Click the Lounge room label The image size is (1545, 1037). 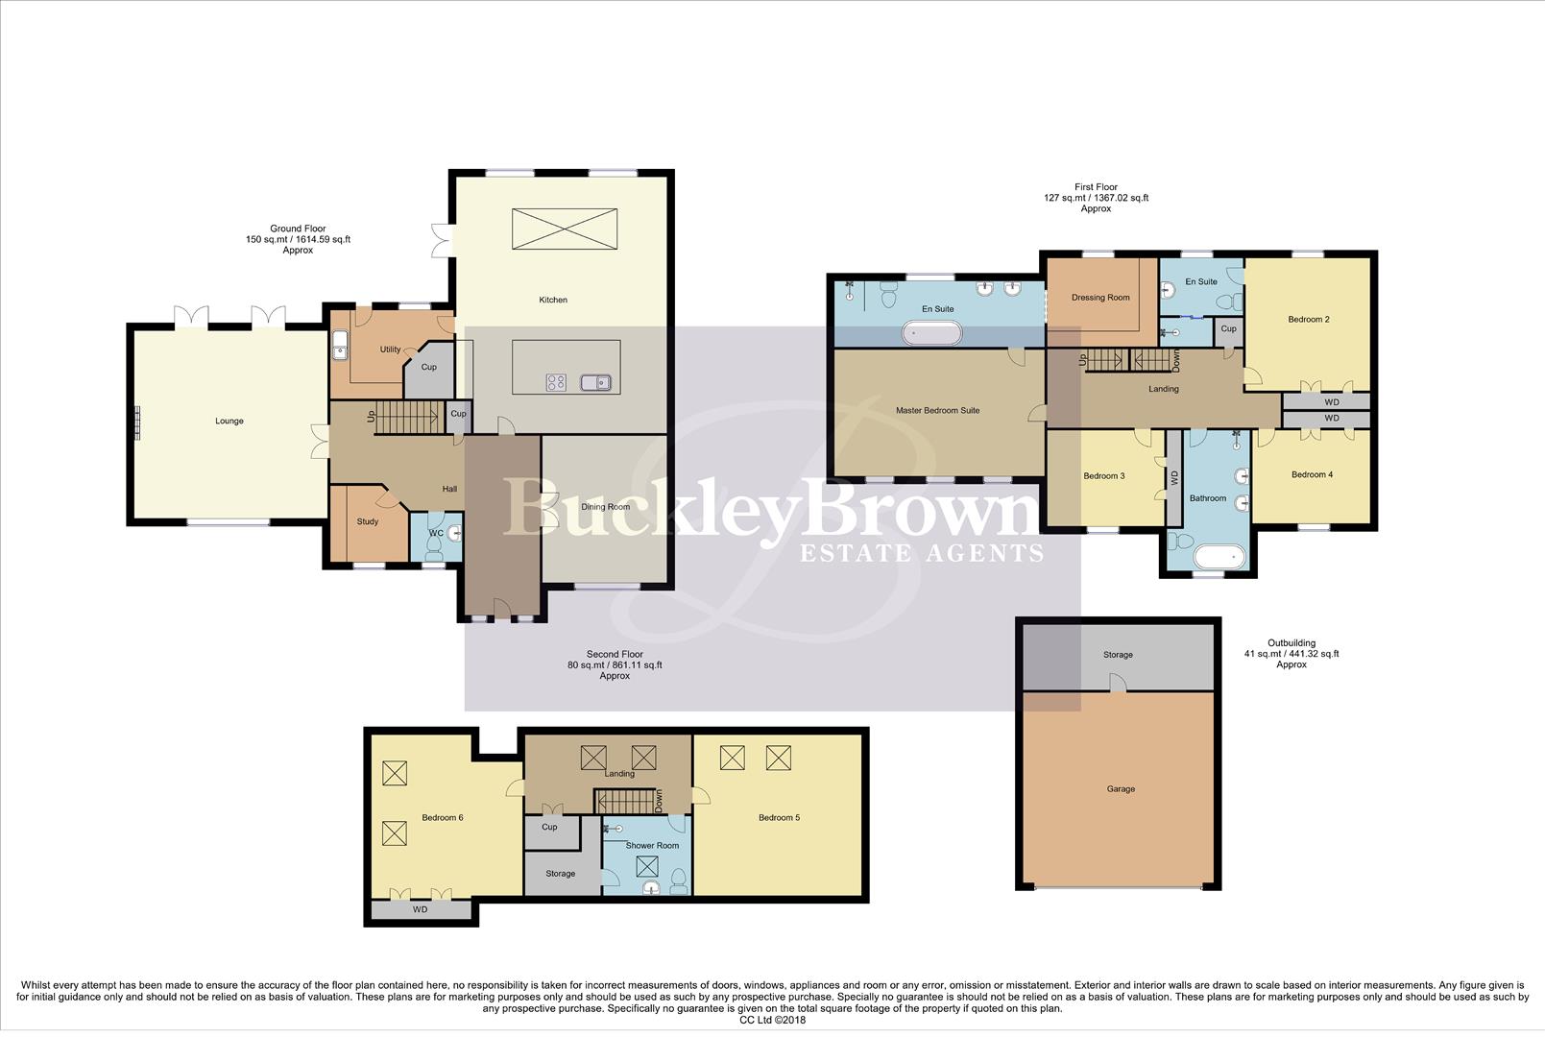[x=229, y=421]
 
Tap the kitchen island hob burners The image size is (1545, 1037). [x=556, y=382]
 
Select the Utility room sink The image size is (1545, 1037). [x=340, y=345]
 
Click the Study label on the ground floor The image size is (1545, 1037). [x=367, y=521]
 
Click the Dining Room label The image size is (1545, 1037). [x=606, y=507]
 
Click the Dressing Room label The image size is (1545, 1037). [x=1100, y=298]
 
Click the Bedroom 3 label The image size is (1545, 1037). [x=1103, y=476]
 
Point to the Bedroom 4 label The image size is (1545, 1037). [x=1312, y=474]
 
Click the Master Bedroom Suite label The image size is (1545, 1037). [x=937, y=410]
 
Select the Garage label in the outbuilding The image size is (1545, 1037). [x=1121, y=789]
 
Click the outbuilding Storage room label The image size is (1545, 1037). [x=1118, y=655]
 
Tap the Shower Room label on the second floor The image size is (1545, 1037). [x=652, y=846]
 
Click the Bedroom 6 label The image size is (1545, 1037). [x=442, y=818]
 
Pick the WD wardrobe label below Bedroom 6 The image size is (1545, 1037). [x=420, y=909]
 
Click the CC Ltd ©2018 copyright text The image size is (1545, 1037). [x=772, y=1020]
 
